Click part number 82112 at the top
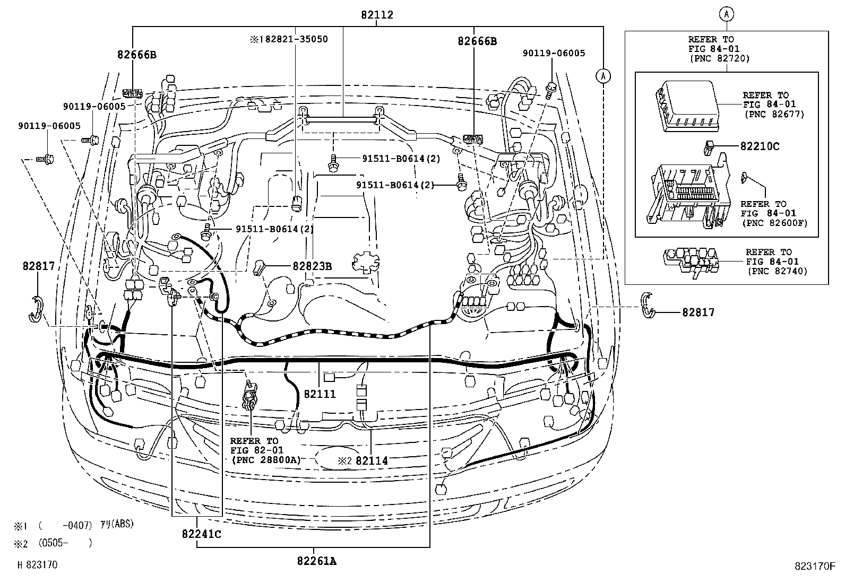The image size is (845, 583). [376, 15]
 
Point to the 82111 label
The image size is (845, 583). [320, 394]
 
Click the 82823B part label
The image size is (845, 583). [312, 266]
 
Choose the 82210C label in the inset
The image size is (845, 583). [760, 146]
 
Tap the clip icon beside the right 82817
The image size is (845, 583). [648, 306]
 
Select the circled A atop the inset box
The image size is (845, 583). [727, 15]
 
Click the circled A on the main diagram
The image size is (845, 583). [602, 76]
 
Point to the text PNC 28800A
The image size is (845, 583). [266, 460]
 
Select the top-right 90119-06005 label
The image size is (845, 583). [554, 53]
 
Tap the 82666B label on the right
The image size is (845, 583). [477, 40]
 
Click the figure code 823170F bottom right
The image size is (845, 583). [815, 565]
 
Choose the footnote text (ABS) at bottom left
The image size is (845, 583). [122, 524]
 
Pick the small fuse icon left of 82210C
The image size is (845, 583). [708, 147]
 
